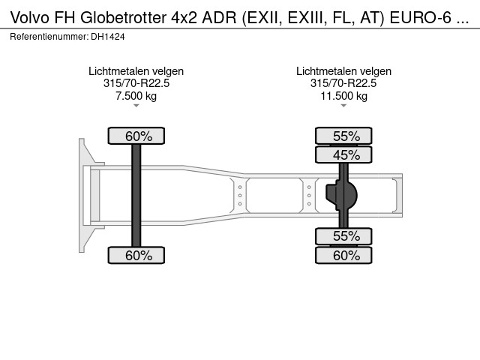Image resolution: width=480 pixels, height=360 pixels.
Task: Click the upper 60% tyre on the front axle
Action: pyautogui.click(x=136, y=136)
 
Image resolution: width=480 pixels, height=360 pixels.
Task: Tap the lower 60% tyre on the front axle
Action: pyautogui.click(x=136, y=255)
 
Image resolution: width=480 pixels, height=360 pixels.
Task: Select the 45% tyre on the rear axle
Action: pyautogui.click(x=343, y=154)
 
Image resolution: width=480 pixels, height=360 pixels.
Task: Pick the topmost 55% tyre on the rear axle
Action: pyautogui.click(x=343, y=136)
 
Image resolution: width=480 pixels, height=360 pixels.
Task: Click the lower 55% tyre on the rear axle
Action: pyautogui.click(x=343, y=236)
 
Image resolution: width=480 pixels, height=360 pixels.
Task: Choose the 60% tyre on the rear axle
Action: pyautogui.click(x=343, y=255)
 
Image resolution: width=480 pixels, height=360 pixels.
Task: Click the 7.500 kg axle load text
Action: pyautogui.click(x=136, y=95)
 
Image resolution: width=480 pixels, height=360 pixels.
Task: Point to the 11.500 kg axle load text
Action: pyautogui.click(x=343, y=95)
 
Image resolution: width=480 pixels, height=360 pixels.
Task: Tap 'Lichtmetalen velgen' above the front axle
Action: pyautogui.click(x=136, y=71)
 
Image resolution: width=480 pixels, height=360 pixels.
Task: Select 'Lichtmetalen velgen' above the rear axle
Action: pyautogui.click(x=343, y=71)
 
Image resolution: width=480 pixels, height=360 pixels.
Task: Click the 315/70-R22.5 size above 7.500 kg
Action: pyautogui.click(x=136, y=83)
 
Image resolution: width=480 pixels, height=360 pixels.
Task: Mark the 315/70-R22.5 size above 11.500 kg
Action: pyautogui.click(x=343, y=83)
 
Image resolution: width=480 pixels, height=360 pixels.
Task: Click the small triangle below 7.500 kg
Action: pyautogui.click(x=136, y=106)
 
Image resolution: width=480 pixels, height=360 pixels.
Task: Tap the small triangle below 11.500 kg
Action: pyautogui.click(x=343, y=106)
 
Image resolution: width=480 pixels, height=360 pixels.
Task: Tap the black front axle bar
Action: pyautogui.click(x=136, y=195)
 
